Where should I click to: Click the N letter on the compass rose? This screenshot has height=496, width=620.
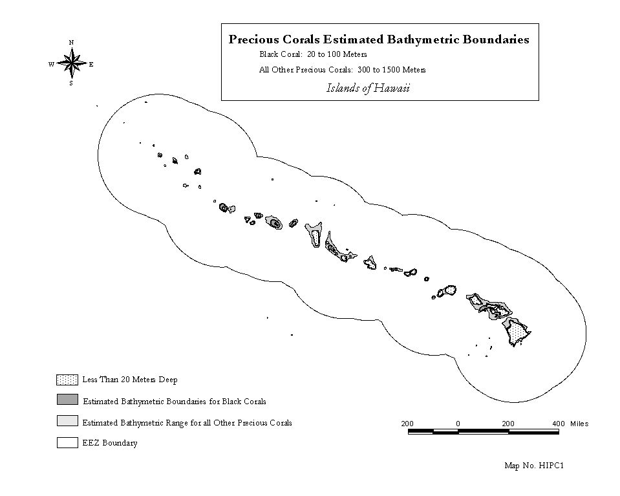coord(72,42)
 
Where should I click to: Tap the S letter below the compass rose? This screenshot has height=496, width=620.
coord(71,83)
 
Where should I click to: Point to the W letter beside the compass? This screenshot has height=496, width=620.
coord(52,65)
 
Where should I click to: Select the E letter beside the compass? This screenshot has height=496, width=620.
coord(91,65)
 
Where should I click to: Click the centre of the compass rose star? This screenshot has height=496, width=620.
coord(72,63)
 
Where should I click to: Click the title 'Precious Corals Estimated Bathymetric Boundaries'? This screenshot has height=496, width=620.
coord(379,39)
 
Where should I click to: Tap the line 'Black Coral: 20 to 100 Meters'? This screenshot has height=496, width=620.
coord(313,54)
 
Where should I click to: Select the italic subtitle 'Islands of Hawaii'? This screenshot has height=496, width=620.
coord(368,88)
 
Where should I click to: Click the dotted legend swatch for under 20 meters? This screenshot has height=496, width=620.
coord(67,380)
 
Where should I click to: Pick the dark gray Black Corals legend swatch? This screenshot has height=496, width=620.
coord(67,400)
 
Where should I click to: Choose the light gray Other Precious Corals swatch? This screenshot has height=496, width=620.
coord(67,421)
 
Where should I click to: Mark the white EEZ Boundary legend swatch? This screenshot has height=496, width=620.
coord(67,442)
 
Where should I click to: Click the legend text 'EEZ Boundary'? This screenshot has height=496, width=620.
coord(110,443)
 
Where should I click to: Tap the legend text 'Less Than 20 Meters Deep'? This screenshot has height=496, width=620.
coord(130,380)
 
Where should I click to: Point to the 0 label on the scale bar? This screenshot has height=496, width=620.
coord(458,424)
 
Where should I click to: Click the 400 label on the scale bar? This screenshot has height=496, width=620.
coord(559,424)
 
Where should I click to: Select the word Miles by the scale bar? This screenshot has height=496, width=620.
coord(579,424)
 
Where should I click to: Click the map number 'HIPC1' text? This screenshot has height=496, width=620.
coord(551,466)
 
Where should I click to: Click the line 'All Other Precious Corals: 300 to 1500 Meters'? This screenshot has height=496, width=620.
coord(343,70)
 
